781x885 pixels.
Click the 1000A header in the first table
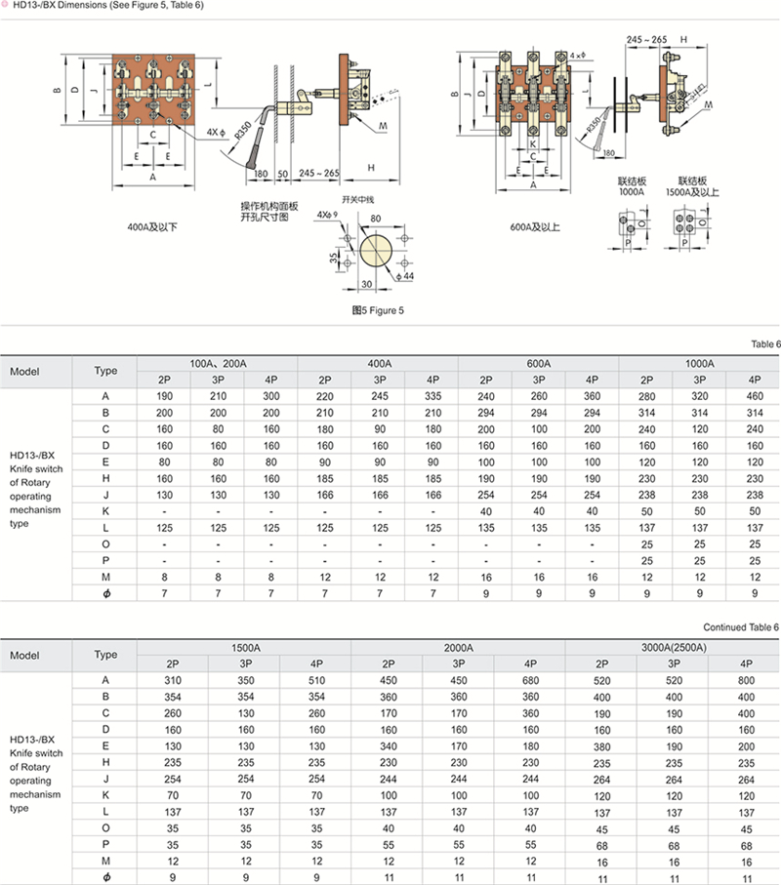(x=699, y=362)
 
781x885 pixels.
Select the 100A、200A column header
(x=217, y=362)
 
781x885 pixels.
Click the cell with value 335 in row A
(x=432, y=396)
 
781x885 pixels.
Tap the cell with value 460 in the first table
(x=753, y=396)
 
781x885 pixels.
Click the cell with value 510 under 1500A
(x=316, y=680)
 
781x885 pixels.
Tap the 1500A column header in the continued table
(x=245, y=647)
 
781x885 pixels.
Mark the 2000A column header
(x=459, y=647)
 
